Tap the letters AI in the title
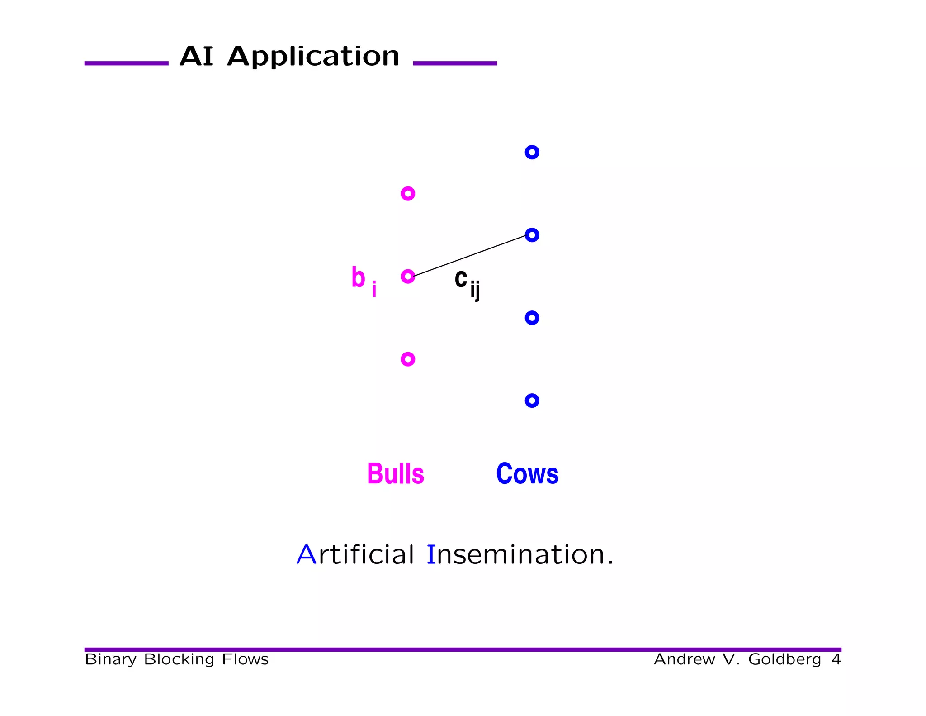point(196,57)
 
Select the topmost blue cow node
point(532,152)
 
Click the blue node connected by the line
point(532,235)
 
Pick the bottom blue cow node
point(532,401)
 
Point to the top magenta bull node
point(408,194)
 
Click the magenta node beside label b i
point(408,276)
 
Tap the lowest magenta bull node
point(408,359)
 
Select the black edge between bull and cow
point(470,255)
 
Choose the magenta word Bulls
point(396,474)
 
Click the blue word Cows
point(527,474)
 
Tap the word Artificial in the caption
point(355,554)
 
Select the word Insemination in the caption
point(520,554)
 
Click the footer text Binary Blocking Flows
point(176,659)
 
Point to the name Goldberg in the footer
point(784,659)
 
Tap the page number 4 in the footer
point(836,659)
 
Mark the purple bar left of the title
point(126,63)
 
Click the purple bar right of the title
point(455,63)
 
